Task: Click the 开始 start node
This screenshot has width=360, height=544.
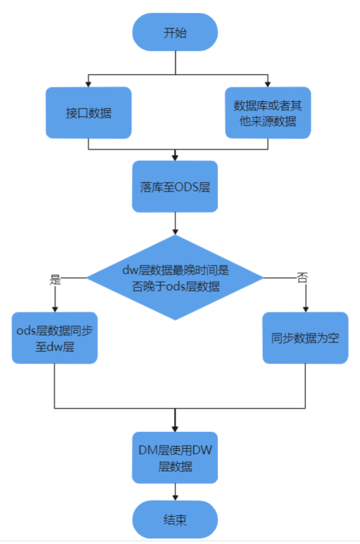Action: (175, 33)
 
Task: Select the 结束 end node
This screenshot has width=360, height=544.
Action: (175, 520)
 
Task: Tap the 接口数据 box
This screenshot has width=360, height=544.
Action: (89, 113)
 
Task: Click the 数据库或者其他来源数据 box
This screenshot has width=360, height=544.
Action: (268, 113)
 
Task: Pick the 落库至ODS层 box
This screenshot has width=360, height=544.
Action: (175, 187)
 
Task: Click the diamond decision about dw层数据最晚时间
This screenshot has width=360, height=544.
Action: (175, 278)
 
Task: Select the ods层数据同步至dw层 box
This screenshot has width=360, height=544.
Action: (55, 338)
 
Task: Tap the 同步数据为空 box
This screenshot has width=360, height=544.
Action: (306, 338)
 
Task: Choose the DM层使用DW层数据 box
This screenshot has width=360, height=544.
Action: (175, 458)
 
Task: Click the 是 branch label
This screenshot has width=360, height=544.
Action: (55, 279)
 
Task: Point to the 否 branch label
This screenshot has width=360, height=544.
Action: (302, 278)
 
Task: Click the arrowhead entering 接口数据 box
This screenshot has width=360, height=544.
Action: (88, 84)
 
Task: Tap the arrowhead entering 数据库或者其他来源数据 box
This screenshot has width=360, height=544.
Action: (268, 84)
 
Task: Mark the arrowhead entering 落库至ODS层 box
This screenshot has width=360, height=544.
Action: (175, 158)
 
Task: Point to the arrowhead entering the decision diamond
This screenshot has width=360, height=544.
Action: (175, 232)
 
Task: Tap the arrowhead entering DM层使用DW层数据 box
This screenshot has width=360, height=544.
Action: (175, 429)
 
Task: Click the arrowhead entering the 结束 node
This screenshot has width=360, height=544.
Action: (175, 498)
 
